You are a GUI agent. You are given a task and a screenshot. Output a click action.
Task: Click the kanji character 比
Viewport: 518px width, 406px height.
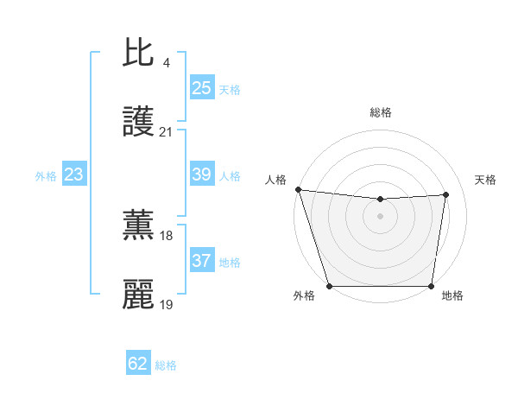pyautogui.click(x=139, y=54)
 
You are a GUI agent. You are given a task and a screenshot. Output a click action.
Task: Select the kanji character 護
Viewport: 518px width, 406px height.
pyautogui.click(x=139, y=123)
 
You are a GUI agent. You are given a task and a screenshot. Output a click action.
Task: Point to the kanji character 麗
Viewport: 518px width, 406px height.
pyautogui.click(x=139, y=295)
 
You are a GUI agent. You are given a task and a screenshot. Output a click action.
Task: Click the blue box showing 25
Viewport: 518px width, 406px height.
pyautogui.click(x=202, y=88)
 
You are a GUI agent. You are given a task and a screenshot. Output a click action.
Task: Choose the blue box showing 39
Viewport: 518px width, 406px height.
pyautogui.click(x=202, y=174)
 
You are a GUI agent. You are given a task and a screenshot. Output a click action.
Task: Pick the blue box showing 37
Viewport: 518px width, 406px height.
pyautogui.click(x=202, y=261)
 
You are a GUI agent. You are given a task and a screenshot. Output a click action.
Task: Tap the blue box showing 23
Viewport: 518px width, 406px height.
pyautogui.click(x=74, y=174)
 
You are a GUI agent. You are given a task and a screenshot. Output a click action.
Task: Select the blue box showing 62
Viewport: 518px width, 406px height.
pyautogui.click(x=138, y=364)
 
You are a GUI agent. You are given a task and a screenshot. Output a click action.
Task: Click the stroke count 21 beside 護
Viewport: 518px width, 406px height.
pyautogui.click(x=166, y=132)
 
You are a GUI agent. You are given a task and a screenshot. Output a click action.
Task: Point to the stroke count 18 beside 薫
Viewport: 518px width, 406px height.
pyautogui.click(x=166, y=235)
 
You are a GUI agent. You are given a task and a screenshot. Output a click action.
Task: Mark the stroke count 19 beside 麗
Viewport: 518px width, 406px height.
pyautogui.click(x=166, y=304)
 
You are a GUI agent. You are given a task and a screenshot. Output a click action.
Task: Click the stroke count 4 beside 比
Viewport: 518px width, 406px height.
pyautogui.click(x=166, y=63)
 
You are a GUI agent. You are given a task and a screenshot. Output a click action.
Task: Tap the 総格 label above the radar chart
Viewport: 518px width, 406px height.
pyautogui.click(x=381, y=112)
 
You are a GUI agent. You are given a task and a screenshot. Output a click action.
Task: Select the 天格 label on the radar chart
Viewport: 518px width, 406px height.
pyautogui.click(x=486, y=180)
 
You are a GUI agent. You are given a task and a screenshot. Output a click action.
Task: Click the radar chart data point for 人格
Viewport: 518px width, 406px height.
pyautogui.click(x=298, y=189)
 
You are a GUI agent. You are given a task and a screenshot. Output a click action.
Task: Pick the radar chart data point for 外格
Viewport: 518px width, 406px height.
pyautogui.click(x=329, y=286)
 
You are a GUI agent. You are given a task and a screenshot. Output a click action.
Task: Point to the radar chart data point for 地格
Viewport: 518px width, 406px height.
pyautogui.click(x=432, y=286)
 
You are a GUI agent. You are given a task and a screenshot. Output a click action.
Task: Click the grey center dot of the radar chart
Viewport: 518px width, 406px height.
pyautogui.click(x=381, y=216)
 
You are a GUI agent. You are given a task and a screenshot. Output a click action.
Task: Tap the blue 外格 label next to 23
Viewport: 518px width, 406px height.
pyautogui.click(x=46, y=176)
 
